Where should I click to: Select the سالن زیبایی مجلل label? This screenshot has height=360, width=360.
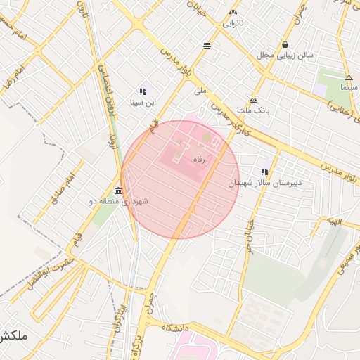coord(285,54)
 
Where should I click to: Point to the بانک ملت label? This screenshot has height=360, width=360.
coord(254,110)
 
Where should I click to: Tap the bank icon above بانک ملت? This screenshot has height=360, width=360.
coord(253,100)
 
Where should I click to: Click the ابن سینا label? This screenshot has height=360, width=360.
coord(143,102)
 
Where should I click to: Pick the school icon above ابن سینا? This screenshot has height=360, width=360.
coord(143,91)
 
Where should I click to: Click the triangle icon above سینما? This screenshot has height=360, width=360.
coord(349,77)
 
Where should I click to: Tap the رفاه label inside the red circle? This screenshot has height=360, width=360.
coord(203,160)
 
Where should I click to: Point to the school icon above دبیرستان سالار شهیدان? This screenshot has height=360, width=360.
coord(264,172)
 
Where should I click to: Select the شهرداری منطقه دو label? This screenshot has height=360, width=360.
coord(118,202)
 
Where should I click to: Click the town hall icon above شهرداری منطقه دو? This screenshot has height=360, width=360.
coord(117,191)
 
